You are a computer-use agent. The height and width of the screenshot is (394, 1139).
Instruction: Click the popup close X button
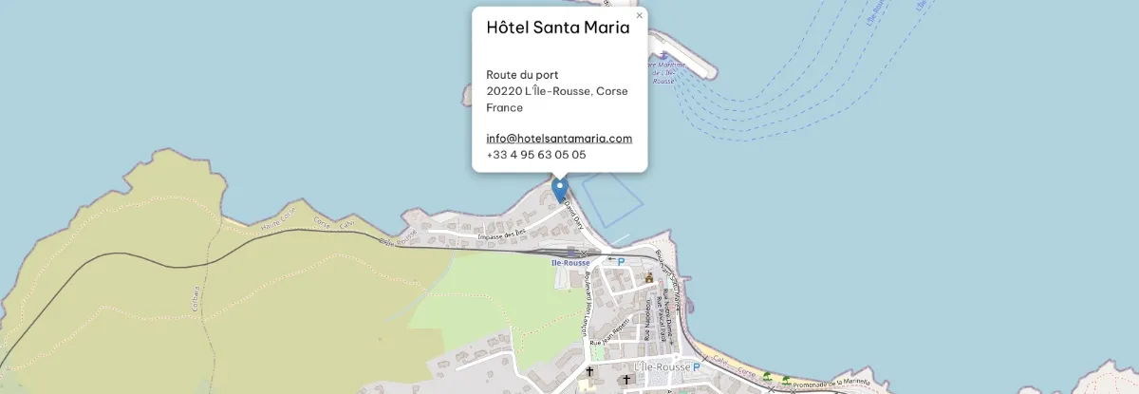click(x=639, y=15)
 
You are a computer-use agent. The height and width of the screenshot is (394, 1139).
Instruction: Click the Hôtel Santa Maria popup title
click(x=557, y=28)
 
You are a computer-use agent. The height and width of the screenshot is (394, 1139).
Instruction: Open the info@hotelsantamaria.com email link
click(x=559, y=138)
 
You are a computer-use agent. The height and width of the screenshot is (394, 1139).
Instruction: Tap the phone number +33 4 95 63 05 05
click(x=535, y=154)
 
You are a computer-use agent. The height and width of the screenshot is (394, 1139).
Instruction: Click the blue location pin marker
click(x=560, y=190)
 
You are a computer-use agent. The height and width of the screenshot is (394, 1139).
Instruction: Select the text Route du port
click(x=522, y=74)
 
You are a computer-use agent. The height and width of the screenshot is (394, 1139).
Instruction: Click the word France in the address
click(x=505, y=107)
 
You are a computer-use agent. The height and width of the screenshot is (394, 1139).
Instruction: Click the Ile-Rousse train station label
click(x=569, y=261)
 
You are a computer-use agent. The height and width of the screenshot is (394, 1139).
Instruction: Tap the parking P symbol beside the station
click(x=621, y=261)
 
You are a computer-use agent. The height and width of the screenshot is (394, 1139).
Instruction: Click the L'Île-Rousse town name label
click(x=660, y=366)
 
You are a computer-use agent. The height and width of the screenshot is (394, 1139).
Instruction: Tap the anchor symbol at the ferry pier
click(x=662, y=54)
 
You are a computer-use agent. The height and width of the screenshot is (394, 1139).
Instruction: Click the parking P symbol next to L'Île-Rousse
click(x=696, y=366)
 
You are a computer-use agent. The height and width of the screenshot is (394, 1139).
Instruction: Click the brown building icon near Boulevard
click(x=649, y=278)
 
